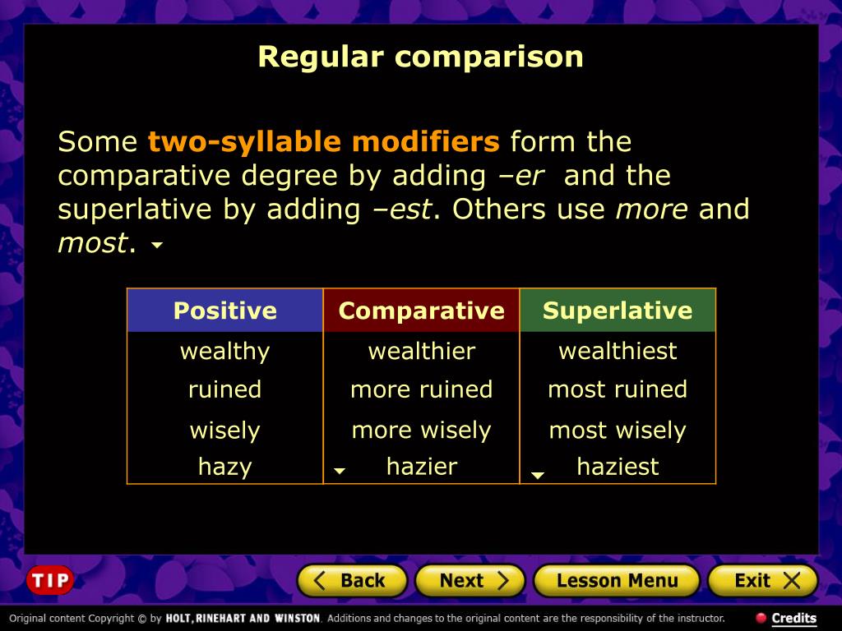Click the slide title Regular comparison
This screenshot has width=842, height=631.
point(420,57)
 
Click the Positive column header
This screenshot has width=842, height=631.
point(224,311)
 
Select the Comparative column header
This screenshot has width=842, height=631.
point(421,311)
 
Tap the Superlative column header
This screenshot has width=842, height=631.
point(618,311)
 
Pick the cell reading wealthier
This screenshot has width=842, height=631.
point(421,352)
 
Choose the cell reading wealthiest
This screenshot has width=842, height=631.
point(618,352)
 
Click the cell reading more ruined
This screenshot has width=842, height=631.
point(421,389)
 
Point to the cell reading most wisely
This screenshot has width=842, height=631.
point(618,431)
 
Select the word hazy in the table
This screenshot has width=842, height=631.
point(224,467)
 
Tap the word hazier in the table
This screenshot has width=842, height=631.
point(421,467)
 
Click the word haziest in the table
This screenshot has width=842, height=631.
point(618,467)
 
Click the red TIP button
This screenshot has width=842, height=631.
point(50,581)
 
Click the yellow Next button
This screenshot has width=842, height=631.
point(470,581)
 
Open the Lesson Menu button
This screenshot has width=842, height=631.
point(617,581)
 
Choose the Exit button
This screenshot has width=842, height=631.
point(762,581)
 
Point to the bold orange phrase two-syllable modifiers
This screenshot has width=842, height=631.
point(323,142)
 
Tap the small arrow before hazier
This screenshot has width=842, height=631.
point(339,472)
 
